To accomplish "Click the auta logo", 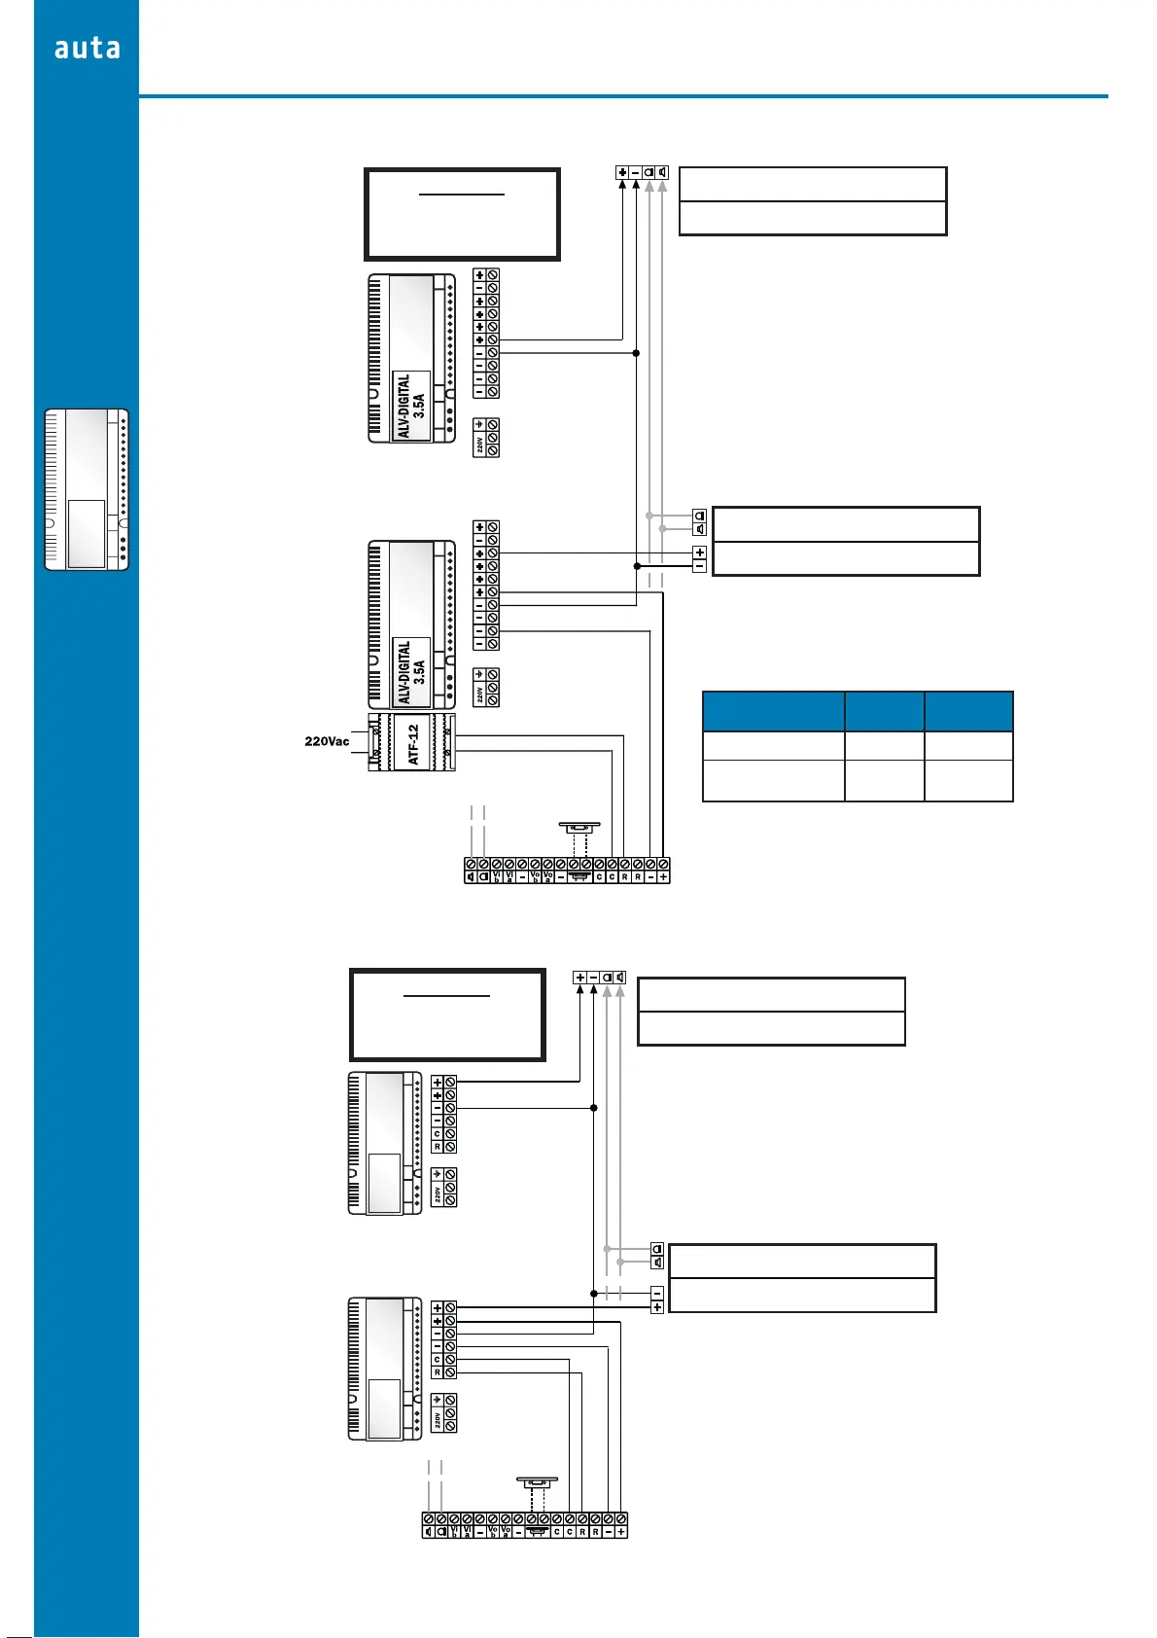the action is tap(88, 48).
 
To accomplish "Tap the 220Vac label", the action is tap(327, 741).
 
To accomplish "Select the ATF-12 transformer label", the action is tap(413, 744).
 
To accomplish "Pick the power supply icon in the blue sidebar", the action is tap(87, 489).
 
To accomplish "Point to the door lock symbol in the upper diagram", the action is tap(579, 828).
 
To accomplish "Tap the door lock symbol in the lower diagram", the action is tap(537, 1484).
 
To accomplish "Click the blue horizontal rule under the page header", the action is tap(622, 96).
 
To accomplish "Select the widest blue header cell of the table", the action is tap(773, 711).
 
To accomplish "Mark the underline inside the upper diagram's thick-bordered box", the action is tap(462, 195).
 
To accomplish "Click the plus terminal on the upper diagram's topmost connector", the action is tap(622, 173).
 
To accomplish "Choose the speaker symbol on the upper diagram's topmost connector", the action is tap(662, 173).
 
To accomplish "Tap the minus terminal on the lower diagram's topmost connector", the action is tap(593, 978).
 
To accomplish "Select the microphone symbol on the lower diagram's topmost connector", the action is tap(607, 978).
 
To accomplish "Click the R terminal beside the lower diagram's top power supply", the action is tap(438, 1147).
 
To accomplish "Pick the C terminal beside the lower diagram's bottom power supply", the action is tap(438, 1360).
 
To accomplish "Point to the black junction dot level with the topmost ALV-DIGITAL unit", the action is tap(636, 353).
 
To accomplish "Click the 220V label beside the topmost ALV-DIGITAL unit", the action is tap(479, 445).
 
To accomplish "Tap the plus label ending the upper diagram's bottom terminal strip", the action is tap(663, 877).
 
